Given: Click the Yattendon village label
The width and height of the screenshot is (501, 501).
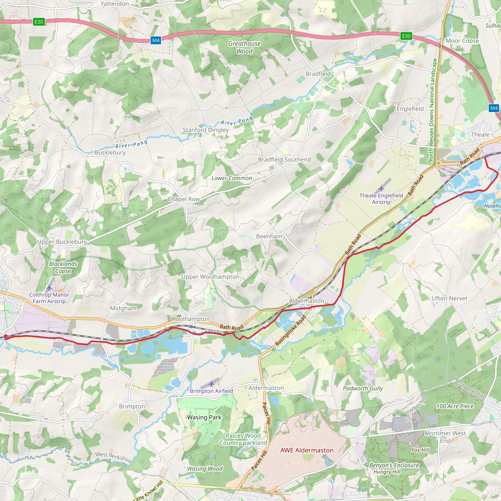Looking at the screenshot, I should (115, 4).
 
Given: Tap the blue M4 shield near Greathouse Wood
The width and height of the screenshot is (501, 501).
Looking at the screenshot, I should (156, 40).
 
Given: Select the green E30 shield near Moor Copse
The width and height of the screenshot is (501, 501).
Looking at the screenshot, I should (406, 36).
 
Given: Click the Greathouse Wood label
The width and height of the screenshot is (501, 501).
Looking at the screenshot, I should (244, 47).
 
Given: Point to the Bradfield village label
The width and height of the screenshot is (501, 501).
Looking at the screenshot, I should (318, 74).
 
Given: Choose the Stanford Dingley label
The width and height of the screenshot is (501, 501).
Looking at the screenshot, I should (206, 130).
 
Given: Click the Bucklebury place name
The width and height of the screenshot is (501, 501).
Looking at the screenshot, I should (110, 152).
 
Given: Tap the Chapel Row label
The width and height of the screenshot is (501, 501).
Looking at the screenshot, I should (184, 199).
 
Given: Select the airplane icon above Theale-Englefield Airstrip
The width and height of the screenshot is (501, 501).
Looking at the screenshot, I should (381, 188).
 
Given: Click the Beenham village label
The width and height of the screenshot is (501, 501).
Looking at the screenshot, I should (269, 236).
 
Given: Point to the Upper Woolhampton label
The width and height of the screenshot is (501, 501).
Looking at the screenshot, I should (210, 277).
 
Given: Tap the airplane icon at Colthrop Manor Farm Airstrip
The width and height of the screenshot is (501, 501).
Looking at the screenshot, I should (49, 288).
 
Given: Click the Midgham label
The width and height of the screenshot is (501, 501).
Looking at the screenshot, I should (123, 308).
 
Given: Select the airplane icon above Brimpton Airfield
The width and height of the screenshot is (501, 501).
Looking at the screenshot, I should (212, 384).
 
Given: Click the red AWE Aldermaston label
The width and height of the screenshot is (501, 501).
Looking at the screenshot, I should (307, 450).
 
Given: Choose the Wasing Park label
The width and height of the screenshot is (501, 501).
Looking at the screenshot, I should (204, 417).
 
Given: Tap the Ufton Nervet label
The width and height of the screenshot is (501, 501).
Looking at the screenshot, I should (449, 298).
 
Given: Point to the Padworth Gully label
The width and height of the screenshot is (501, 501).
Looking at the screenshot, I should (363, 388).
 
